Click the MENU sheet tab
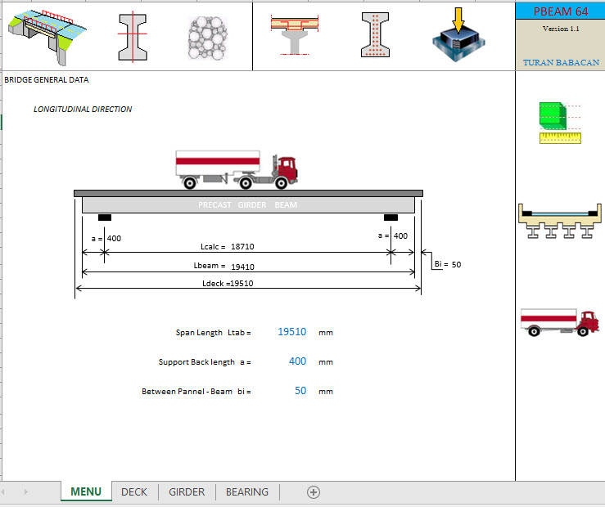(86, 491)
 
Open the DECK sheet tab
(134, 491)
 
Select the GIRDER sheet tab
(187, 491)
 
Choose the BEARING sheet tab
(246, 491)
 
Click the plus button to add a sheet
(313, 491)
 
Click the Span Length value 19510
(291, 332)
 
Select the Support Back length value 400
(297, 361)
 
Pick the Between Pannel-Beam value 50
(300, 391)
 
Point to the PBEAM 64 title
(560, 11)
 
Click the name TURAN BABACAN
(560, 62)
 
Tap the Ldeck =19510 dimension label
(233, 283)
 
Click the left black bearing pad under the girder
(104, 217)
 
